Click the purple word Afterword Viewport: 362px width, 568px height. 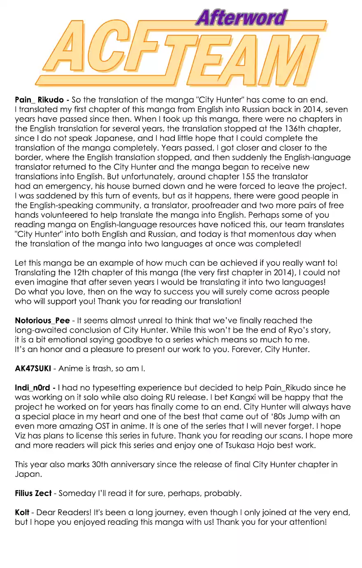coord(241,18)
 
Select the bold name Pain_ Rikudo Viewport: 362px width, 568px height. coord(39,100)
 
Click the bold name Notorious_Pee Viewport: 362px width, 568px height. coord(42,321)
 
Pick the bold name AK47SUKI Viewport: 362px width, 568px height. coord(33,369)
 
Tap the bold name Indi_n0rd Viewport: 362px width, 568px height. coord(32,388)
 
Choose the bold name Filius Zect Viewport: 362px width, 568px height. coord(33,493)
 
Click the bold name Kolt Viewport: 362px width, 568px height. coord(22,512)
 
